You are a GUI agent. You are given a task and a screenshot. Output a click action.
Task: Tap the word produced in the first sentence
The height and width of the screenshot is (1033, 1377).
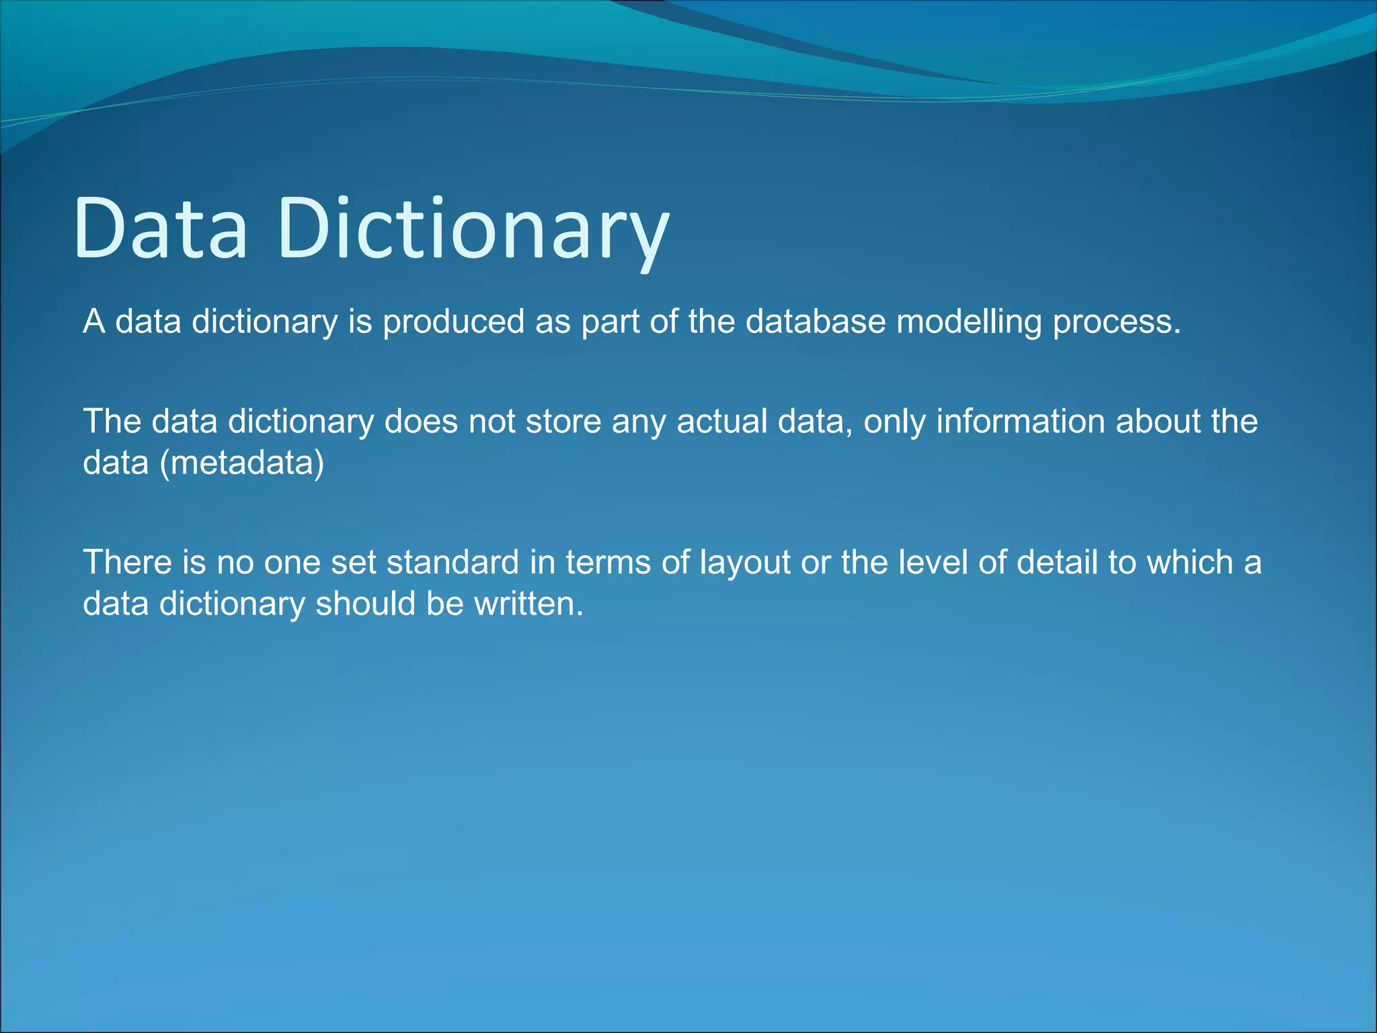pyautogui.click(x=453, y=321)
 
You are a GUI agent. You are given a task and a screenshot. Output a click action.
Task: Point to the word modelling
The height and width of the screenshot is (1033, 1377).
pyautogui.click(x=968, y=321)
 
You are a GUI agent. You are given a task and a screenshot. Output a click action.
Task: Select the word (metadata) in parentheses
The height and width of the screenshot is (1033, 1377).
pyautogui.click(x=242, y=463)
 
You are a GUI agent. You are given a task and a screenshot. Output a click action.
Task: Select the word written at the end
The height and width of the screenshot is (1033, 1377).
pyautogui.click(x=528, y=603)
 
